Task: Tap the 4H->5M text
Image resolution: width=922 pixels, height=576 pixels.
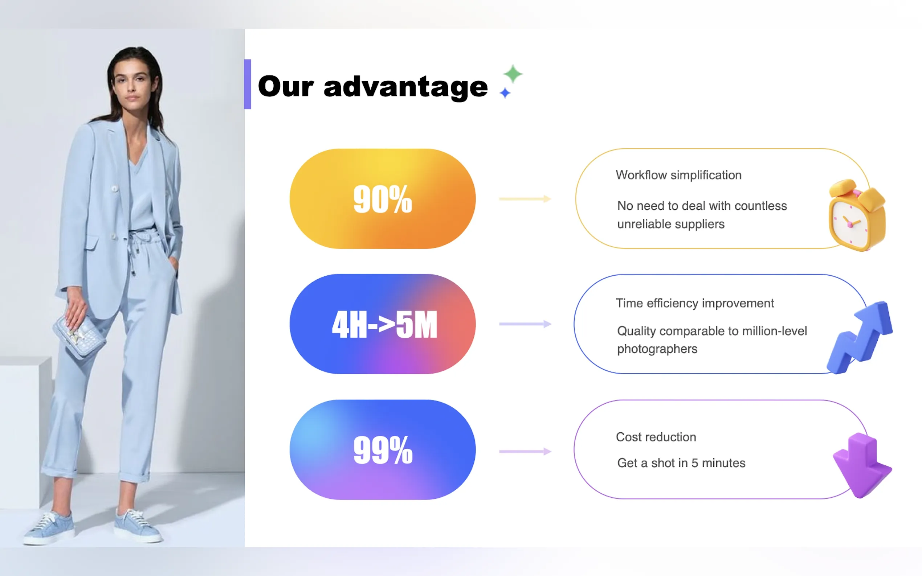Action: click(384, 324)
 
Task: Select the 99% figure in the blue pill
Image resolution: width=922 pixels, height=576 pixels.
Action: click(383, 450)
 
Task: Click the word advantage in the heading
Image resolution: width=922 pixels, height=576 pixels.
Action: click(405, 87)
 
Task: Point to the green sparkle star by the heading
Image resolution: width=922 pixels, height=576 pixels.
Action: click(513, 74)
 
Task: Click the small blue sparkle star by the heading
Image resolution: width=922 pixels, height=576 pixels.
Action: click(505, 92)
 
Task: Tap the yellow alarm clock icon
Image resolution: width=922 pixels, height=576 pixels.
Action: click(857, 215)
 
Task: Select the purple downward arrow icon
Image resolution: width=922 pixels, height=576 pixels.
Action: click(862, 465)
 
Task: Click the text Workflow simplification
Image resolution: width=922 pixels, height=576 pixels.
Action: click(678, 175)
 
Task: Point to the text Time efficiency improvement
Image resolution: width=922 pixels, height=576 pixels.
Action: click(694, 303)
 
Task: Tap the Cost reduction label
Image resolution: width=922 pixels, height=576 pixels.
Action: click(656, 437)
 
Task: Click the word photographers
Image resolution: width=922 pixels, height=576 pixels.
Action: click(657, 349)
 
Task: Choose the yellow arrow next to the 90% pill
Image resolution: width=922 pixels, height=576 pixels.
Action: click(525, 199)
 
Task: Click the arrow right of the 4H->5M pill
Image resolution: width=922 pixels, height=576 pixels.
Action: click(525, 324)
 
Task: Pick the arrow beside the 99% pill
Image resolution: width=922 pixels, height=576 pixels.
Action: click(525, 452)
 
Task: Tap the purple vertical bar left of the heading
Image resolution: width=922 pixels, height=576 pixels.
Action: click(247, 84)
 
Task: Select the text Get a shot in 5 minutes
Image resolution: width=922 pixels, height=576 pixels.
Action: click(681, 463)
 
